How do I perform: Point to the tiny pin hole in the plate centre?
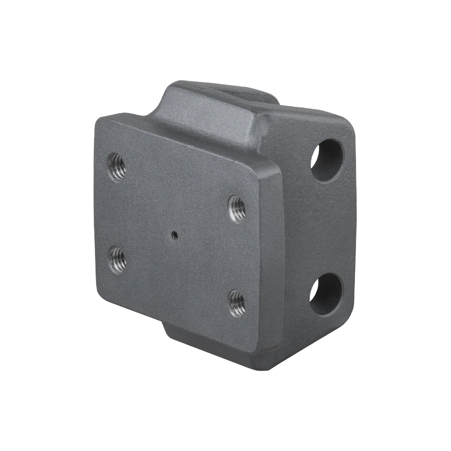click(x=174, y=236)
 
